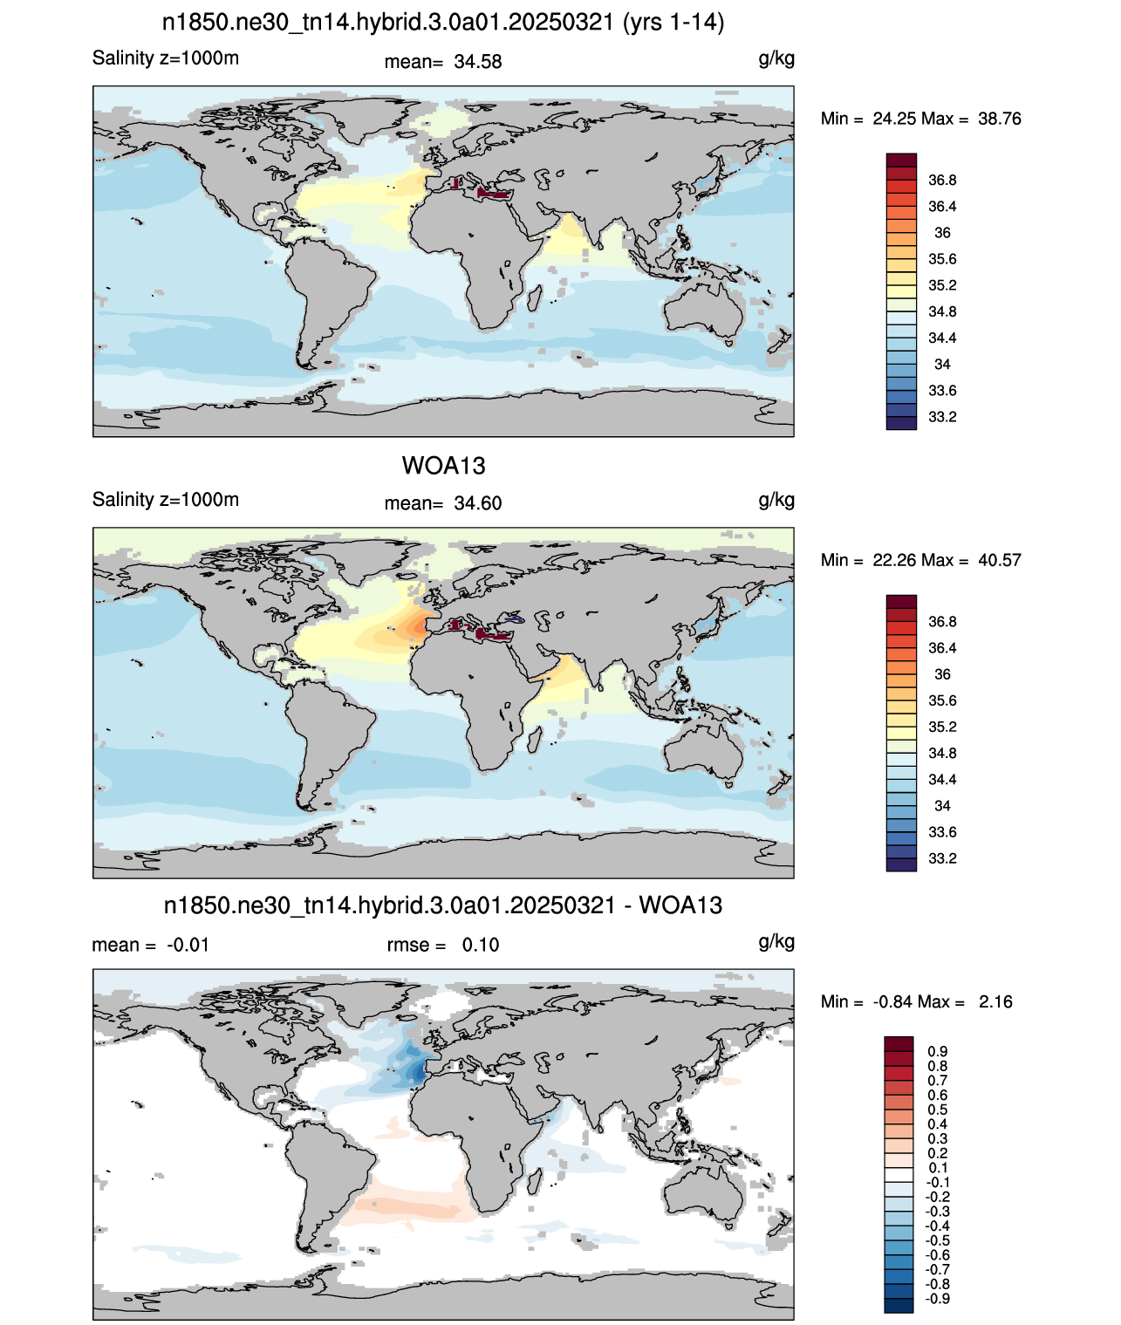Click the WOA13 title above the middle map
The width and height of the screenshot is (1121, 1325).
coord(443,466)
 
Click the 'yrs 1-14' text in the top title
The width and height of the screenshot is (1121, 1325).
coord(673,23)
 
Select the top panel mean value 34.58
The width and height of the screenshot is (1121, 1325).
coord(478,62)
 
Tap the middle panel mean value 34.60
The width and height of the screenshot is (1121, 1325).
coord(478,503)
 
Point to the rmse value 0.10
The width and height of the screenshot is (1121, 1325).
coord(481,945)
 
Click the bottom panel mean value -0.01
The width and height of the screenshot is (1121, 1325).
coord(188,945)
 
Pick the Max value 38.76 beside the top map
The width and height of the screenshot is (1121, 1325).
coord(1000,119)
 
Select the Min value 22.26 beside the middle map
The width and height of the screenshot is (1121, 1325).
coord(894,560)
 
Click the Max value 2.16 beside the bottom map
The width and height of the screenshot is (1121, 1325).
coord(995,1002)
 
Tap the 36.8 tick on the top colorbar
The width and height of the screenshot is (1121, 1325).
coord(942,181)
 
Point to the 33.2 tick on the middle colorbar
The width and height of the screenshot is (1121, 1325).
coord(942,858)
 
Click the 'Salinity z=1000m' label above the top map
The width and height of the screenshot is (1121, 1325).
coord(166,58)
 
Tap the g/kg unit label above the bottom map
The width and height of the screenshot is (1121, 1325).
coord(776,942)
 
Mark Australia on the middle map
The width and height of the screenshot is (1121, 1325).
coord(703,755)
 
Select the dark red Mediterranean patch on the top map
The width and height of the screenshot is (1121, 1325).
coord(494,192)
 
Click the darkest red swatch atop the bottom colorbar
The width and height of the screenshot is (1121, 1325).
coord(899,1044)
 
